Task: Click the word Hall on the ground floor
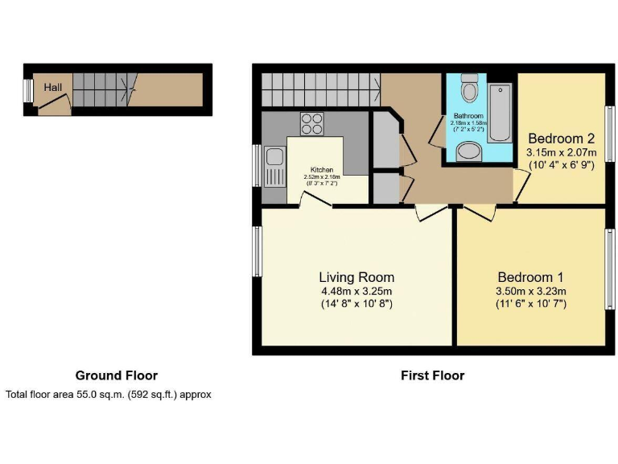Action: tap(53, 87)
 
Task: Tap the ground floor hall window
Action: tap(27, 90)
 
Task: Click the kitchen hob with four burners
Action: tap(311, 124)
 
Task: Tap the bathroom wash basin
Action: tap(468, 151)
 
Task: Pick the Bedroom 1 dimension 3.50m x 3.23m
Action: tap(531, 291)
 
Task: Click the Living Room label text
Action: tap(356, 277)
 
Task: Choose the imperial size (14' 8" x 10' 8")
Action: tap(356, 304)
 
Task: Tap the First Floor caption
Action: tap(432, 375)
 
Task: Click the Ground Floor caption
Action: tap(116, 375)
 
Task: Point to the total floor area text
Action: tap(108, 395)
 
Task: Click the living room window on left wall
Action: tap(257, 251)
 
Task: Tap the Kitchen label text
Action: tap(322, 170)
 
